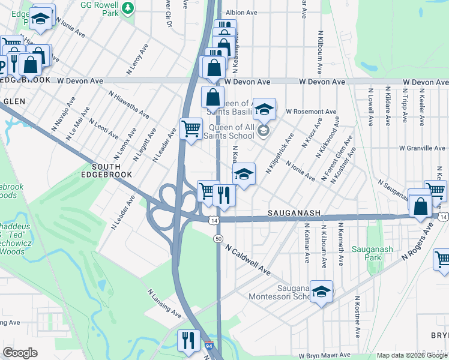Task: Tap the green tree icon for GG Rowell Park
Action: [x=128, y=8]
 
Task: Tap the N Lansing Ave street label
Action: [x=164, y=304]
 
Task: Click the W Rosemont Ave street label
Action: [x=311, y=112]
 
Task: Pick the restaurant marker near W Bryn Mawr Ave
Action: [x=188, y=341]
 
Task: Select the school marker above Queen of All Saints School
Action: [x=264, y=110]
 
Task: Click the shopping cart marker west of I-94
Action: [x=191, y=129]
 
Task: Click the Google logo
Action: [x=20, y=353]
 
